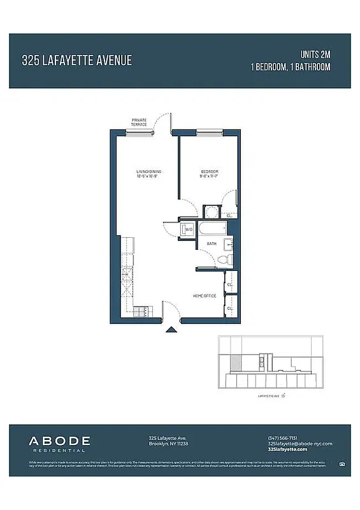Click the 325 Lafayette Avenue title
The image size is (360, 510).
[76, 61]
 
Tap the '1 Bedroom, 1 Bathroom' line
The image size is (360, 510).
[291, 66]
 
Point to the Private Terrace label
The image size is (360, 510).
[139, 122]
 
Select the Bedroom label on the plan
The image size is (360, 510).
[210, 172]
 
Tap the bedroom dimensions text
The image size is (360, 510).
[210, 177]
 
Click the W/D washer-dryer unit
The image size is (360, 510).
[188, 229]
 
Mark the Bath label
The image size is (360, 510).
[210, 244]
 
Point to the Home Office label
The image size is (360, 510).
[205, 296]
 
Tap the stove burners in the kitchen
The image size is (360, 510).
[141, 311]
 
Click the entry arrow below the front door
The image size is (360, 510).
[171, 330]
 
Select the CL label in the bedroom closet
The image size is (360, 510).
[229, 215]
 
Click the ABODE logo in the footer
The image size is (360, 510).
[59, 442]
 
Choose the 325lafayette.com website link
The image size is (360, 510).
[287, 449]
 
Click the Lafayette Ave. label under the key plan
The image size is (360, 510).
[270, 396]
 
